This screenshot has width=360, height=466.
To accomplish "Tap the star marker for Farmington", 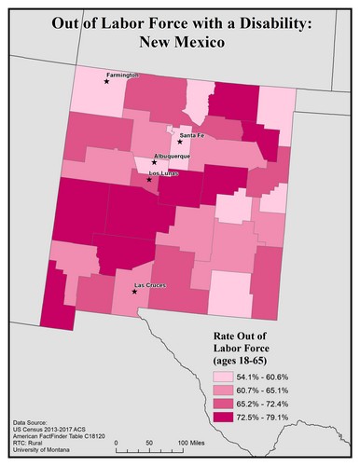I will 107,82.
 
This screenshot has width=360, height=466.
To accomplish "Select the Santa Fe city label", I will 192,136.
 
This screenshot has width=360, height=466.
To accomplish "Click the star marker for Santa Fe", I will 180,142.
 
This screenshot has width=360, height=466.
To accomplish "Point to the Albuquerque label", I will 171,156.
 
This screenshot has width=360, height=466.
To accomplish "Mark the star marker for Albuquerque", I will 155,162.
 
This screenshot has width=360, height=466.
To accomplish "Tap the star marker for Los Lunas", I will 148,179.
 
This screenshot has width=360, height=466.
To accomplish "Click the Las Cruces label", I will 150,284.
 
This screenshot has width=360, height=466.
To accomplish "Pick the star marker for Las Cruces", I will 135,291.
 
